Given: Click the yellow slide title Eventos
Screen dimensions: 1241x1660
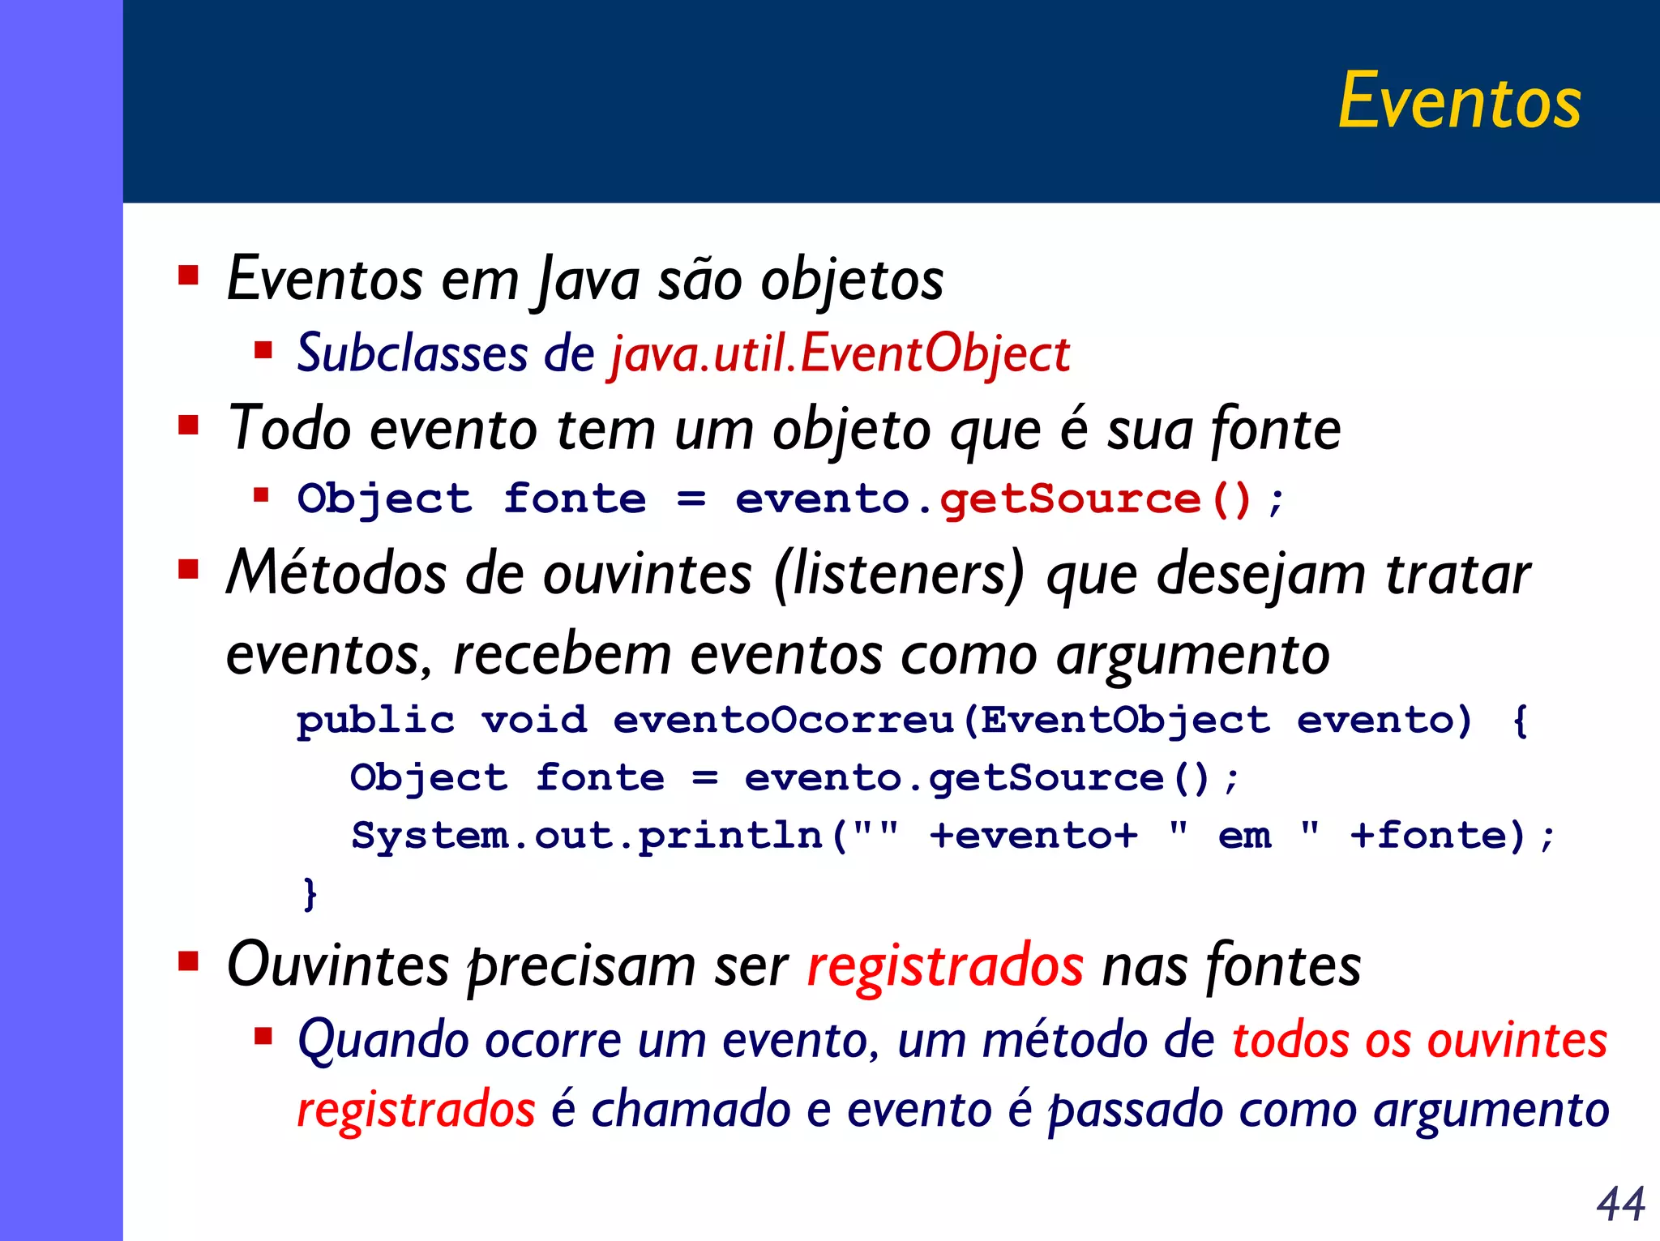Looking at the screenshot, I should click(x=1459, y=101).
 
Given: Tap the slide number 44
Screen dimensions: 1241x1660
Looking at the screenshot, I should click(x=1620, y=1204).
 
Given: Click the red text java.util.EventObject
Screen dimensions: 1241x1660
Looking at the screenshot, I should click(x=840, y=354).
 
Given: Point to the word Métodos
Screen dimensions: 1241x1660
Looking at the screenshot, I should click(x=336, y=574).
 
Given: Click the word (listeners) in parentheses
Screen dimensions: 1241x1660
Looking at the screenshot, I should click(x=898, y=574).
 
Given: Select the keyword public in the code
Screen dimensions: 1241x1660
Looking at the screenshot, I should click(x=375, y=721).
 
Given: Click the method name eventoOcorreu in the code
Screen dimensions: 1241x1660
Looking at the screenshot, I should click(x=783, y=720).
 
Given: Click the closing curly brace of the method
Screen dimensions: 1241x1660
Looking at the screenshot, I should click(x=309, y=893).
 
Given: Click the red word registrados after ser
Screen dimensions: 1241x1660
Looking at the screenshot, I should click(x=944, y=965).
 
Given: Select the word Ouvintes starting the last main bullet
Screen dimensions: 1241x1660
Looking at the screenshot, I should click(x=337, y=965).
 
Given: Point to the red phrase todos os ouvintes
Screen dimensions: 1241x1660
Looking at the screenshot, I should click(x=1418, y=1040).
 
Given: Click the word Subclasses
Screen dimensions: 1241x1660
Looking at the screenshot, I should click(x=412, y=354).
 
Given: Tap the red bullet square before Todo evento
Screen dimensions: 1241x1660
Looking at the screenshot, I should click(x=188, y=425).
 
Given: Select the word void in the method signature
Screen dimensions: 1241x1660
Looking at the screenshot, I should click(x=534, y=720).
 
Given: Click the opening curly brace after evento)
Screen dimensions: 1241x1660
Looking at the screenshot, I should click(x=1520, y=720).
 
